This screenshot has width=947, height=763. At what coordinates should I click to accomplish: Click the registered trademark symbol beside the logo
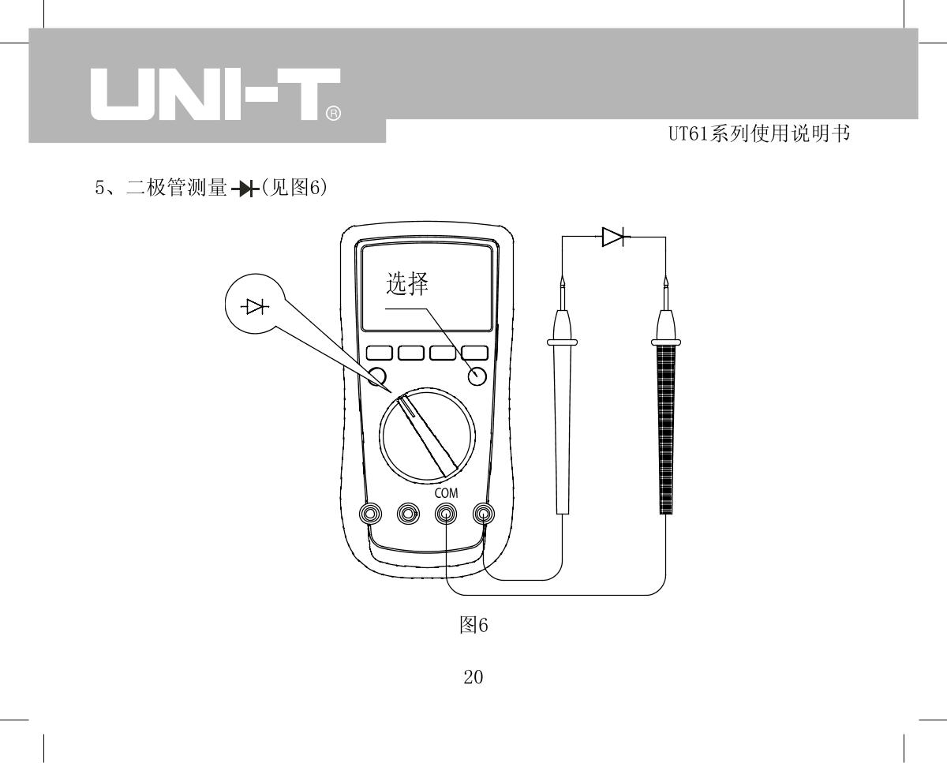334,115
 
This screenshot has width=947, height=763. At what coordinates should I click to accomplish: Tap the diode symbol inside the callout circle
255,307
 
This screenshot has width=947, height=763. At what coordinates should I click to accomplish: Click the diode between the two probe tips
614,236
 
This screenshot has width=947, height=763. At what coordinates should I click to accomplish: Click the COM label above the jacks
447,493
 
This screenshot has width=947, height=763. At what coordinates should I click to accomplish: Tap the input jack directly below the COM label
447,515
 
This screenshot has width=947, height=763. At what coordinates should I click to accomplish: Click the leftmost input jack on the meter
369,515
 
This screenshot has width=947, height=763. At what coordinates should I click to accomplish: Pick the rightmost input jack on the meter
484,515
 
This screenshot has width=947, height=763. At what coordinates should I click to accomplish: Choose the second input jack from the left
408,515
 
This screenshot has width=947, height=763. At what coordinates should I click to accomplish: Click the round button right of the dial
477,377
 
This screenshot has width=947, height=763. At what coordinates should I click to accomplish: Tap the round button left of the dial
377,376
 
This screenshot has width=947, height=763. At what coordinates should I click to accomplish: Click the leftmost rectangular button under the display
379,353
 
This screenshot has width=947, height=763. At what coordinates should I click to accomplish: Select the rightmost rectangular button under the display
474,353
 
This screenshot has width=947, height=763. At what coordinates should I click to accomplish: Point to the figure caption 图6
473,626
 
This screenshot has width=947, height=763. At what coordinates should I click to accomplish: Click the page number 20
473,677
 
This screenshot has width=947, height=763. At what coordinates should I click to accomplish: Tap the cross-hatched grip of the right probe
666,426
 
